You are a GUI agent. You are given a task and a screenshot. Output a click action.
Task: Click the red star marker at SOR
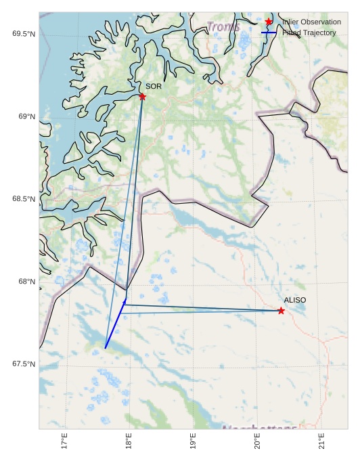point(142,97)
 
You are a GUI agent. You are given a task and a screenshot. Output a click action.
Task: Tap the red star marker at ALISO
point(281,311)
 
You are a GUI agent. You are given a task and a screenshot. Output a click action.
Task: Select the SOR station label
point(154,87)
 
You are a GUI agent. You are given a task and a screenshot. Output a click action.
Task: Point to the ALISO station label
point(295,300)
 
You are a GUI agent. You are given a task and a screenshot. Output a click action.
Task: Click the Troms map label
point(223,27)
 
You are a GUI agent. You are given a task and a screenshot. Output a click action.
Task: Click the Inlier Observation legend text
point(312,22)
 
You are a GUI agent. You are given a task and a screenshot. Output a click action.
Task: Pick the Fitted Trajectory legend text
point(309,32)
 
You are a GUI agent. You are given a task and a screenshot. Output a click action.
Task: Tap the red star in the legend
point(269,22)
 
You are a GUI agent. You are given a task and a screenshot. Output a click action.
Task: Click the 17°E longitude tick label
point(65,441)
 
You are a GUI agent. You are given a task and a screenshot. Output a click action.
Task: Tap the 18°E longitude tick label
point(129,441)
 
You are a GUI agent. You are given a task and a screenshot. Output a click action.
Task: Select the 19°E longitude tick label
point(194,441)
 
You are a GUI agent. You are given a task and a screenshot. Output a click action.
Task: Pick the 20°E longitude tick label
point(258,441)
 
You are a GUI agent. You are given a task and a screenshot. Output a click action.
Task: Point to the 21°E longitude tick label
point(322,441)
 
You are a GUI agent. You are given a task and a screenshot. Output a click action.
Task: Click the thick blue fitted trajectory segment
point(116,324)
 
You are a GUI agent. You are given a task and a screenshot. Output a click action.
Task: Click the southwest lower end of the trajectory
point(106,348)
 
